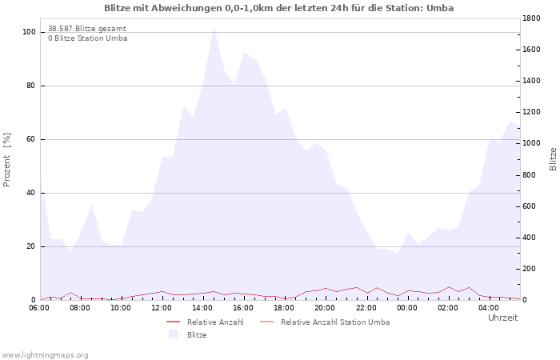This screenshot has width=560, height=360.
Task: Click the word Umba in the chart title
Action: [x=440, y=8]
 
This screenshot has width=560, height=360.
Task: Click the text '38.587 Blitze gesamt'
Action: [x=87, y=29]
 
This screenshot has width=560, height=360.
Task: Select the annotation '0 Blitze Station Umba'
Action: [x=88, y=38]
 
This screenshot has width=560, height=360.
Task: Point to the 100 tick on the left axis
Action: [x=29, y=32]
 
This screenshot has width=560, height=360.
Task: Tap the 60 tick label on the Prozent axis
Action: [x=30, y=139]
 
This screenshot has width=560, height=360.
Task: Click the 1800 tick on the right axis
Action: [x=531, y=18]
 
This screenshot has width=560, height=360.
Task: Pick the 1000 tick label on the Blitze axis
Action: [x=531, y=143]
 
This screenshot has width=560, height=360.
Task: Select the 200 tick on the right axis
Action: [x=529, y=269]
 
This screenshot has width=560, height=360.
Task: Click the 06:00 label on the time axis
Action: [x=39, y=308]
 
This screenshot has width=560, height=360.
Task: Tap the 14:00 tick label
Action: [x=202, y=308]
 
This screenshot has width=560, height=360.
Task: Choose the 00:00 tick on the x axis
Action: [x=406, y=308]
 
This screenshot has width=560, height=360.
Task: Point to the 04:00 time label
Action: [x=489, y=308]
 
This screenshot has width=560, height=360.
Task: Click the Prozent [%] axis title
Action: [x=6, y=160]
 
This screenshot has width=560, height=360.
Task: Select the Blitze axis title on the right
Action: [x=553, y=159]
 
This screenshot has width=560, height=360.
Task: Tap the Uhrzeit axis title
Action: [x=503, y=318]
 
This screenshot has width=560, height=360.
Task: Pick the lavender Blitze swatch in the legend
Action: [x=174, y=334]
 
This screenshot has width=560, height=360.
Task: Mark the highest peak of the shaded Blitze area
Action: [x=214, y=28]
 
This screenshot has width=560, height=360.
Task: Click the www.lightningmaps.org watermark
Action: [x=45, y=355]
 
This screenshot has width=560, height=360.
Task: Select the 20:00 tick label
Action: [x=325, y=308]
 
